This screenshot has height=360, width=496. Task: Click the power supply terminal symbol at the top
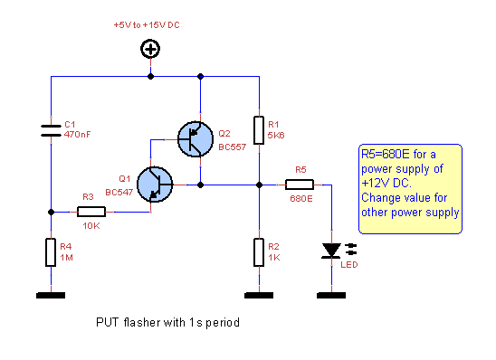pyautogui.click(x=150, y=50)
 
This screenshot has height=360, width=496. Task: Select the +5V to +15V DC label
pyautogui.click(x=147, y=25)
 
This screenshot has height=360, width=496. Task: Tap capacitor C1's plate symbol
pyautogui.click(x=51, y=130)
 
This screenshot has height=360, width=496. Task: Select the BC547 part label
pyautogui.click(x=119, y=192)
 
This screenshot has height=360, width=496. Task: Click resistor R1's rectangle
pyautogui.click(x=259, y=129)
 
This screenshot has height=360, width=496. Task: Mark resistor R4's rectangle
pyautogui.click(x=51, y=252)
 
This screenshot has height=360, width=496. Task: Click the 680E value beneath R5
pyautogui.click(x=300, y=197)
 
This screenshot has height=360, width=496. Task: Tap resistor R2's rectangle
pyautogui.click(x=259, y=251)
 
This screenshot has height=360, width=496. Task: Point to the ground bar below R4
pyautogui.click(x=51, y=295)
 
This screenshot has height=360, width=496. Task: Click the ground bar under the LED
pyautogui.click(x=331, y=295)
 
